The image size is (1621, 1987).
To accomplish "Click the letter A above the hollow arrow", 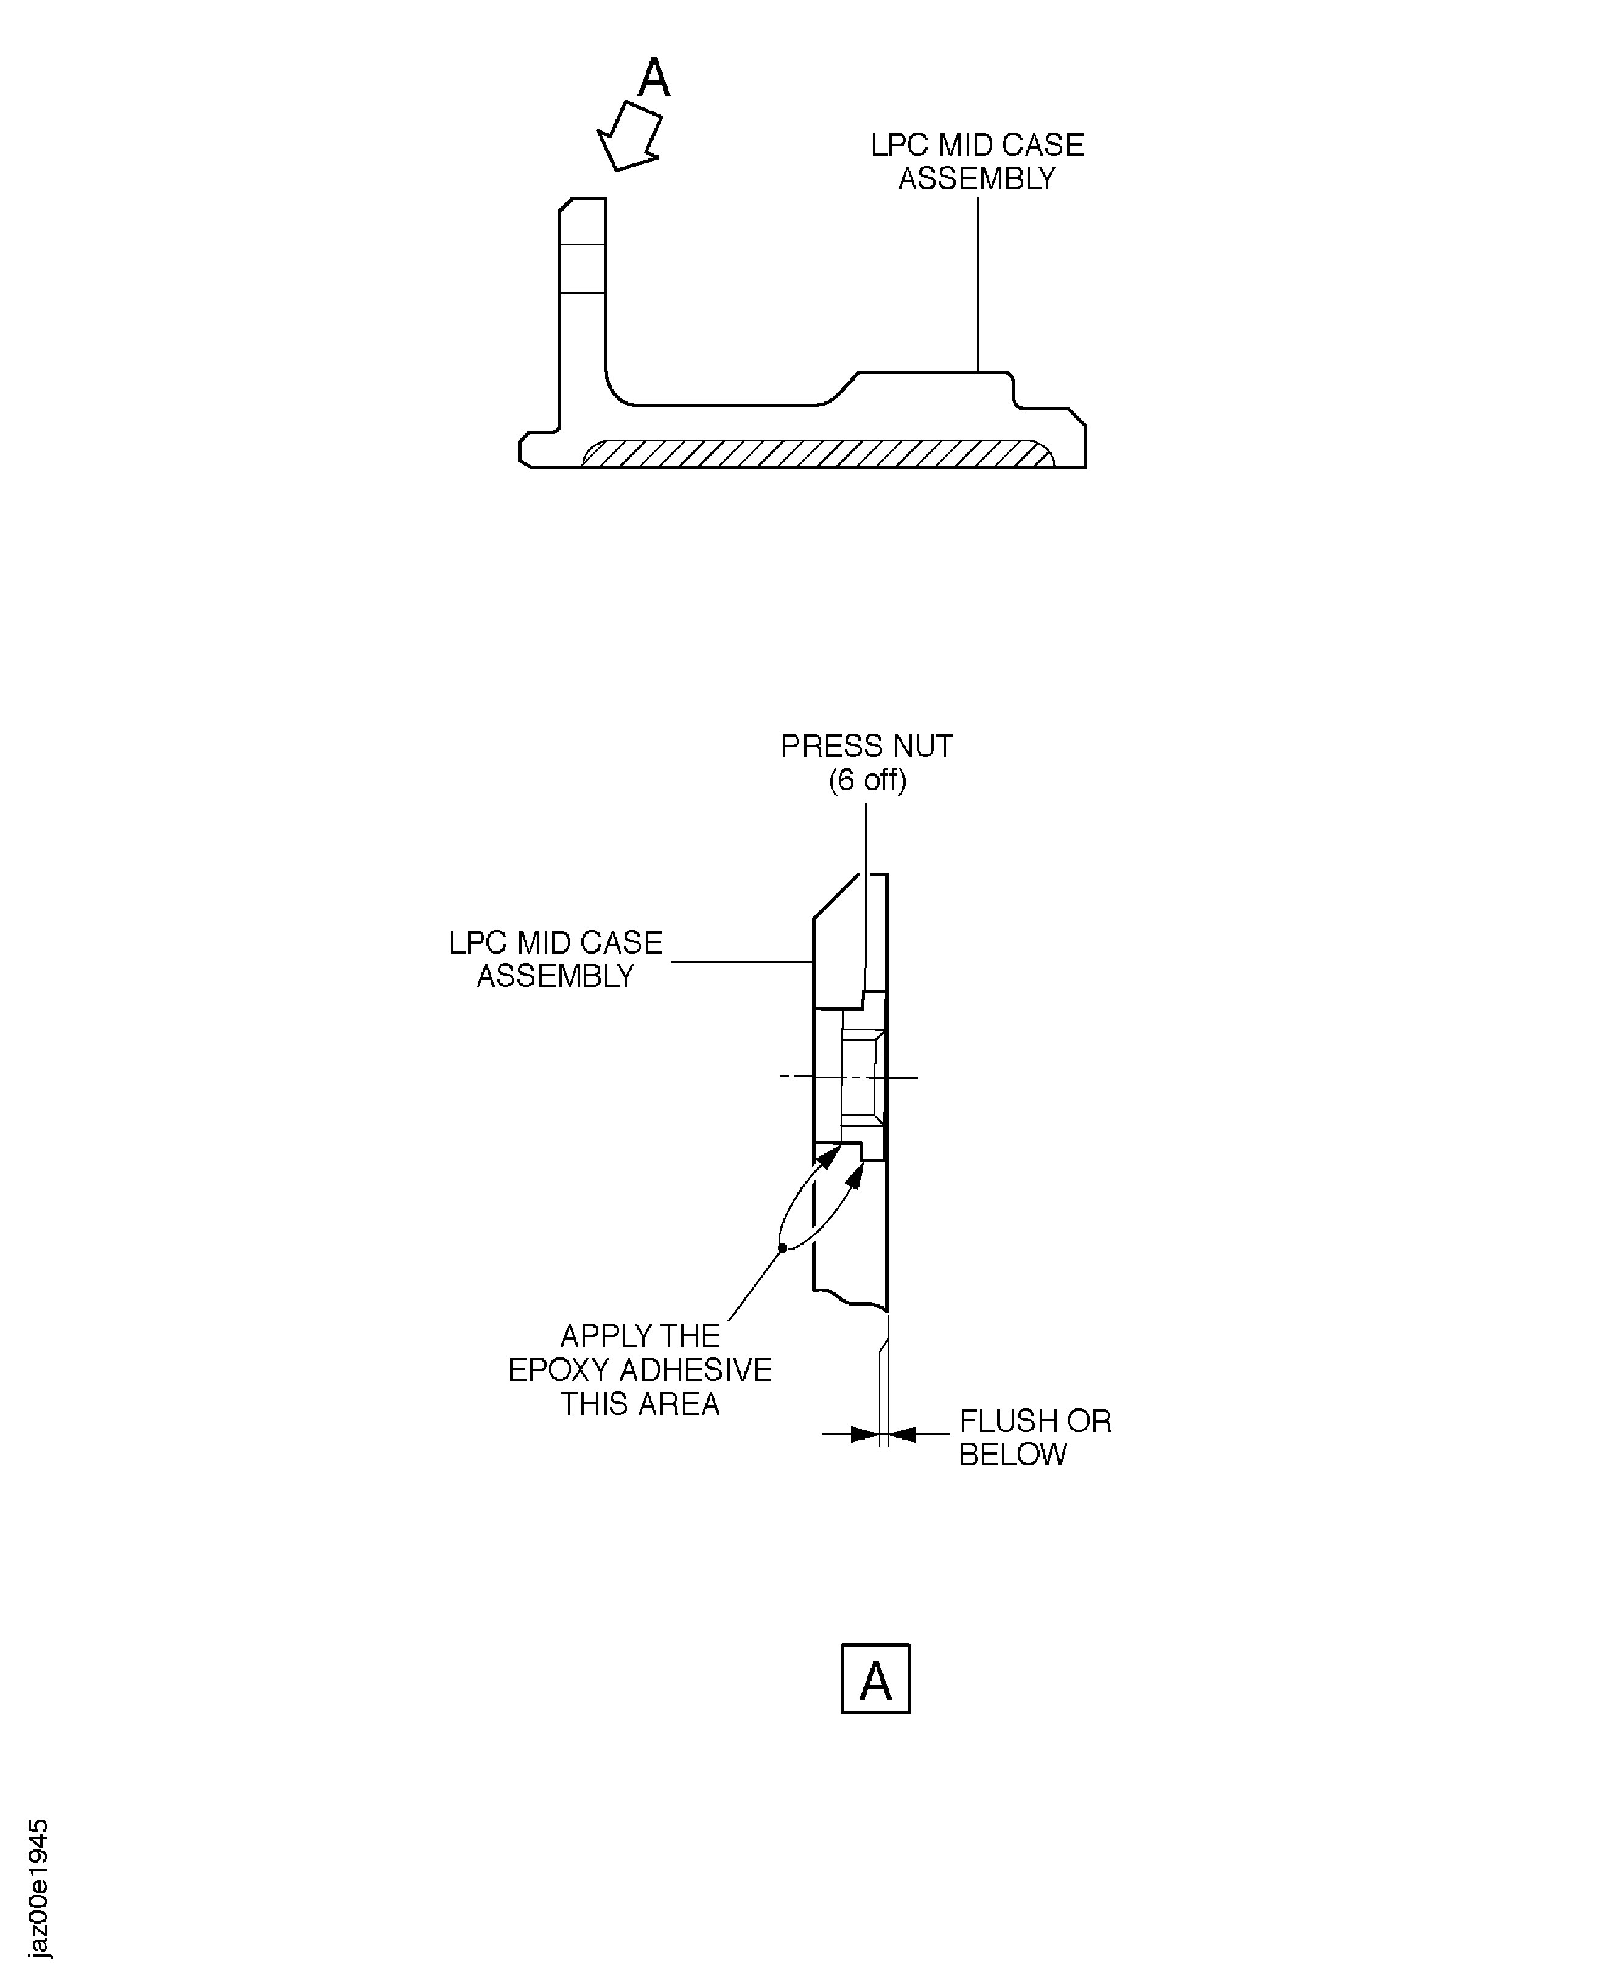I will [654, 79].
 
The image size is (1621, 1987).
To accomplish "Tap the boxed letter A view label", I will [875, 1681].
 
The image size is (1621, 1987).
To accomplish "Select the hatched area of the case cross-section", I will [817, 454].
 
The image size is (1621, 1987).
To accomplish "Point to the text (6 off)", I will [867, 780].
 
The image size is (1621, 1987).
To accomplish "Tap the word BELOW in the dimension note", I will [1012, 1455].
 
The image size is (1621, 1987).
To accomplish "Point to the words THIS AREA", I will [640, 1404].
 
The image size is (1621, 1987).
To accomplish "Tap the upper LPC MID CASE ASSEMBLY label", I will [977, 161].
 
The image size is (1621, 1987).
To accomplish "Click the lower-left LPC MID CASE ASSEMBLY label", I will [556, 958].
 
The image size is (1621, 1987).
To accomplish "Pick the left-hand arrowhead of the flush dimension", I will [864, 1434].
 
